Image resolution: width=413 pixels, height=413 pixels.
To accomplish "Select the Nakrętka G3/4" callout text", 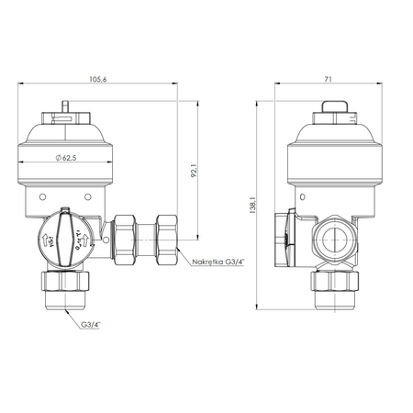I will point(218,263).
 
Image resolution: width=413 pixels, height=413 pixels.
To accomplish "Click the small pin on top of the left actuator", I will point(66,111).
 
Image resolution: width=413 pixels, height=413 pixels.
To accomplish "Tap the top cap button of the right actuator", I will point(333,115).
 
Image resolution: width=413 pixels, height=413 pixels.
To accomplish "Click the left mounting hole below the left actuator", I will point(41,196).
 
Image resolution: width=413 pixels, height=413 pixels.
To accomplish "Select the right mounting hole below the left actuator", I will point(86,196).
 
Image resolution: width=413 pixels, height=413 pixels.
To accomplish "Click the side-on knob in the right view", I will point(286,239).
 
